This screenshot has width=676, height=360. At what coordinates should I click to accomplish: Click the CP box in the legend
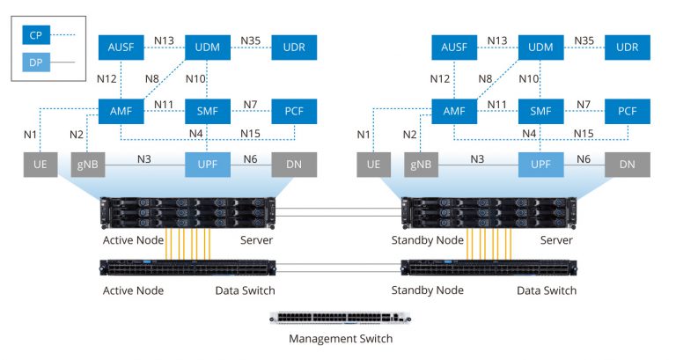(36, 35)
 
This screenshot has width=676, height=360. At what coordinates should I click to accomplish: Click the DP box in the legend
(36, 62)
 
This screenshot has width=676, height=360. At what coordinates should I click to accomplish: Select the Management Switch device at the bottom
(340, 318)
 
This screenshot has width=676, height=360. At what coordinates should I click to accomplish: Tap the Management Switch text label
(340, 338)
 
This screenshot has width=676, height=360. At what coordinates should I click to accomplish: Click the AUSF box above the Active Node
(121, 46)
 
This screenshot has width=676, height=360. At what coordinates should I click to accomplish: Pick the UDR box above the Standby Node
(627, 46)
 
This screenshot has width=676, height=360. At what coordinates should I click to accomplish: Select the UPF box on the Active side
(208, 164)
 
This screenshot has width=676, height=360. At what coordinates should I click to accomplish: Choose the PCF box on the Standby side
(627, 111)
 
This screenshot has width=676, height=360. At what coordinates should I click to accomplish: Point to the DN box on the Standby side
(627, 164)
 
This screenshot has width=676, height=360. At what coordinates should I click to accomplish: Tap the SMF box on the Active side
(208, 111)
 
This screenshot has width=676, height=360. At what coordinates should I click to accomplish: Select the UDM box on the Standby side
(540, 46)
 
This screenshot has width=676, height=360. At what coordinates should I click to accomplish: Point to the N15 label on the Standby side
(584, 133)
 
